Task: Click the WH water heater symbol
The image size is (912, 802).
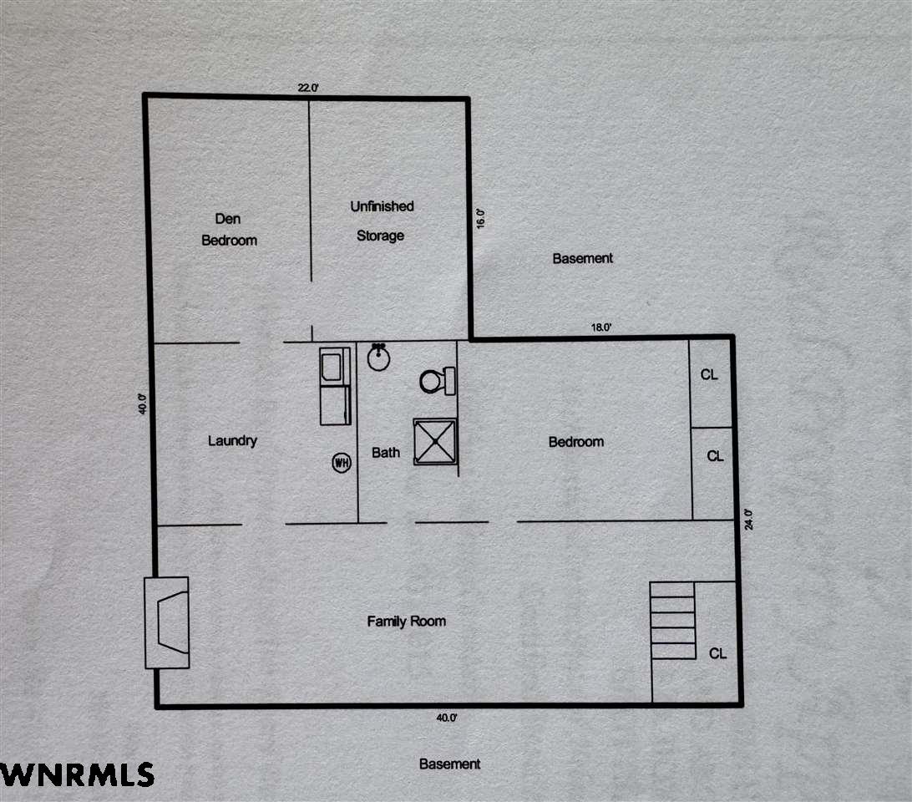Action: pos(342,463)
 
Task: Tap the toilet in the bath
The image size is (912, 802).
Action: pos(438,381)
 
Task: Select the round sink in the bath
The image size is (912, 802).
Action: pos(378,357)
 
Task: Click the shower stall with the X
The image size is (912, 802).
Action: pos(435,442)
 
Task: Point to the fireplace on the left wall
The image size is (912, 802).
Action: pos(166,622)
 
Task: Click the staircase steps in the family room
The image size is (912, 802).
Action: pos(673,621)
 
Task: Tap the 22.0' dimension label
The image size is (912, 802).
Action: pos(308,88)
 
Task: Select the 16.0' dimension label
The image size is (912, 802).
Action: pos(480,218)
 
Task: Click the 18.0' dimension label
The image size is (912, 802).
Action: pos(601,327)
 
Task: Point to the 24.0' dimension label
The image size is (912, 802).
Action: pos(748,520)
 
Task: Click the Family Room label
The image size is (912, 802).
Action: pos(407,622)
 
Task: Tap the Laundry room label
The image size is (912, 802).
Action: pos(233,440)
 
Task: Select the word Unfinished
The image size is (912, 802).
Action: pos(383,206)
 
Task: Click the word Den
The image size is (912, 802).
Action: pos(227,219)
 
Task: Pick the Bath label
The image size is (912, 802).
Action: pos(386,452)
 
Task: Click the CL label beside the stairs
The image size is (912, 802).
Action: pos(717,653)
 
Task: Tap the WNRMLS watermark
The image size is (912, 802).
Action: pos(78,774)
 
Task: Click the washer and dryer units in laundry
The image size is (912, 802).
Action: pos(335,386)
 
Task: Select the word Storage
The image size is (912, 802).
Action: pos(380,236)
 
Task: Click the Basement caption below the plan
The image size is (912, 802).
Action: pos(449,764)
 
